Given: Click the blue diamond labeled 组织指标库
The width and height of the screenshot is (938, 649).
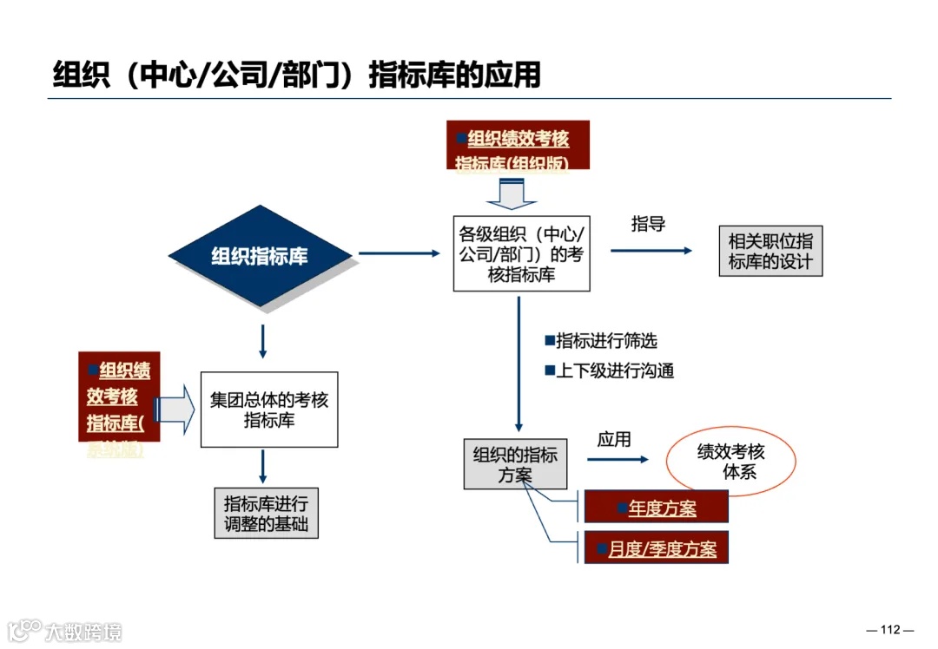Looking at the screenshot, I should click(x=259, y=256).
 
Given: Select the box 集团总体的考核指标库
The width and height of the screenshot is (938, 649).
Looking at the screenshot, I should click(x=269, y=410).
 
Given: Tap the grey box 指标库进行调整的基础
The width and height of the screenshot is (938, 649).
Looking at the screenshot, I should click(x=266, y=513).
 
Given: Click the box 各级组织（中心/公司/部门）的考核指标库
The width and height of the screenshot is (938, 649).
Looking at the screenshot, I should click(x=521, y=253).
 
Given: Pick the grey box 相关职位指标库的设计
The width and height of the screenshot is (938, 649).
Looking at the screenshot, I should click(x=770, y=252).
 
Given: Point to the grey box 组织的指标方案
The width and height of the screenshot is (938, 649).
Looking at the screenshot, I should click(x=516, y=464).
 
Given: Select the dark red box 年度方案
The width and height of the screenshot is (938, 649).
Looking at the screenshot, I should click(x=656, y=508).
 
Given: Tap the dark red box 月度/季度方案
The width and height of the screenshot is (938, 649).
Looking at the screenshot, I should click(x=656, y=548).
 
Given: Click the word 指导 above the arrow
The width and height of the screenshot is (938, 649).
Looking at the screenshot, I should click(x=648, y=224).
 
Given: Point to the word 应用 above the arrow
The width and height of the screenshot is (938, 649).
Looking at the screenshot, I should click(x=614, y=439).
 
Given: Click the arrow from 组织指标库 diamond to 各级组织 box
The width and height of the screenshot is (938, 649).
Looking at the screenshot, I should click(x=400, y=253).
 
